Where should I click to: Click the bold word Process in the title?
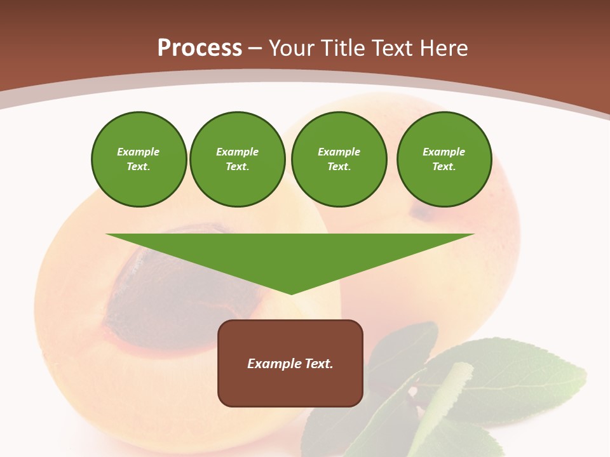pyautogui.click(x=200, y=48)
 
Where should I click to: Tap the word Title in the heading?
pyautogui.click(x=342, y=48)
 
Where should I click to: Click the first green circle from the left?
pyautogui.click(x=139, y=159)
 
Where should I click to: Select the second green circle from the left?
pyautogui.click(x=238, y=159)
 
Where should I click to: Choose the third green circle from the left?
pyautogui.click(x=339, y=159)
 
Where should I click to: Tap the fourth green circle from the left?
pyautogui.click(x=444, y=159)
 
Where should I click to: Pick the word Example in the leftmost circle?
pyautogui.click(x=139, y=152)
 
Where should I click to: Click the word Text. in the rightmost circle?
pyautogui.click(x=444, y=166)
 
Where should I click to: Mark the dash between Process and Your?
pyautogui.click(x=255, y=48)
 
